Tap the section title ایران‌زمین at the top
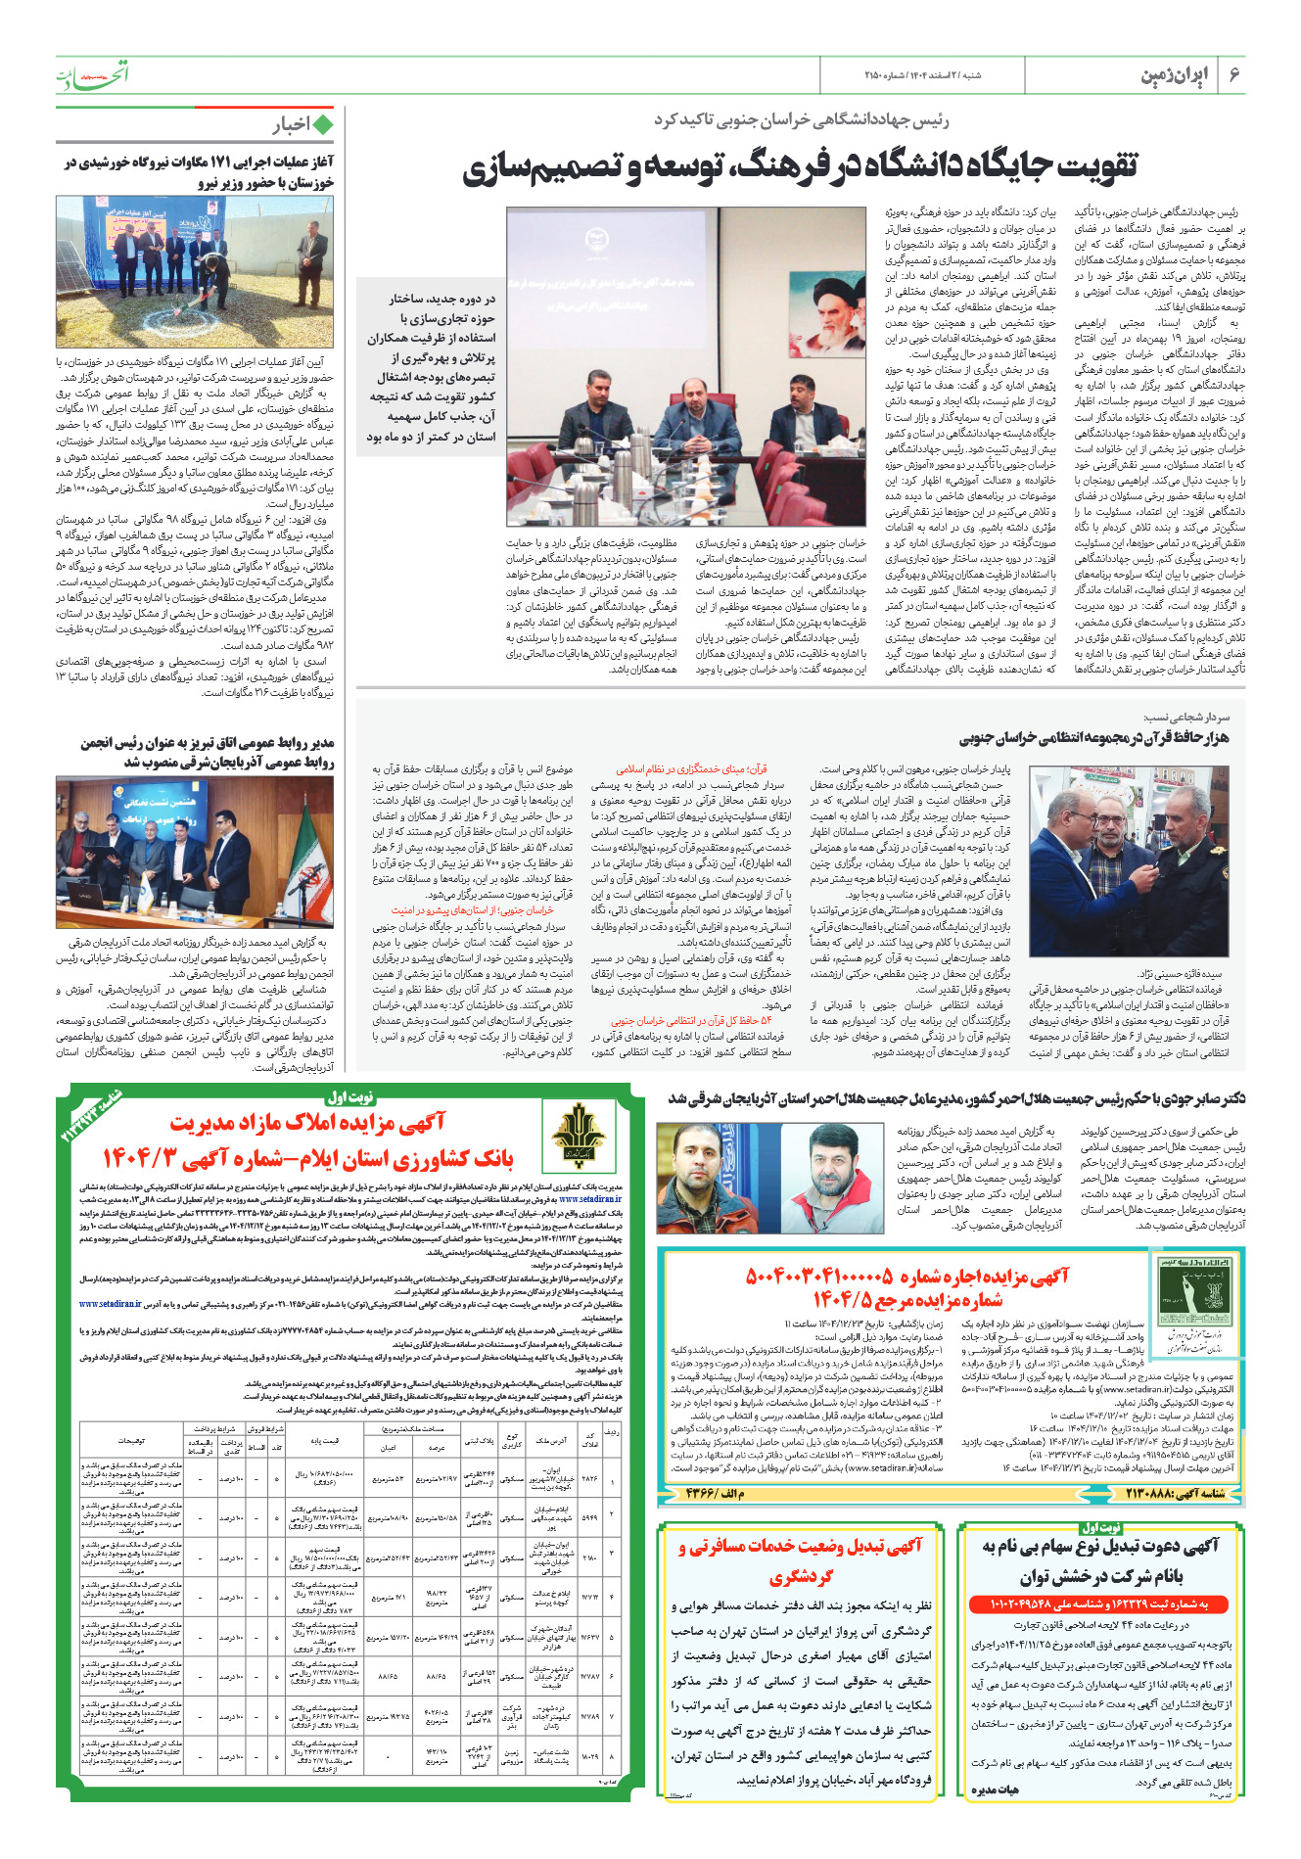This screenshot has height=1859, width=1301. pyautogui.click(x=1175, y=75)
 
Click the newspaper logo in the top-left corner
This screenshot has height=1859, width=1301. pyautogui.click(x=92, y=75)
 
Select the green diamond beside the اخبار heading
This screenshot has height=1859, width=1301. pyautogui.click(x=322, y=125)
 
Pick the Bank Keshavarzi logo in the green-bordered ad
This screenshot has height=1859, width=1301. pyautogui.click(x=579, y=1139)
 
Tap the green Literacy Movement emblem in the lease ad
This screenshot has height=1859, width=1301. pyautogui.click(x=1187, y=1293)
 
